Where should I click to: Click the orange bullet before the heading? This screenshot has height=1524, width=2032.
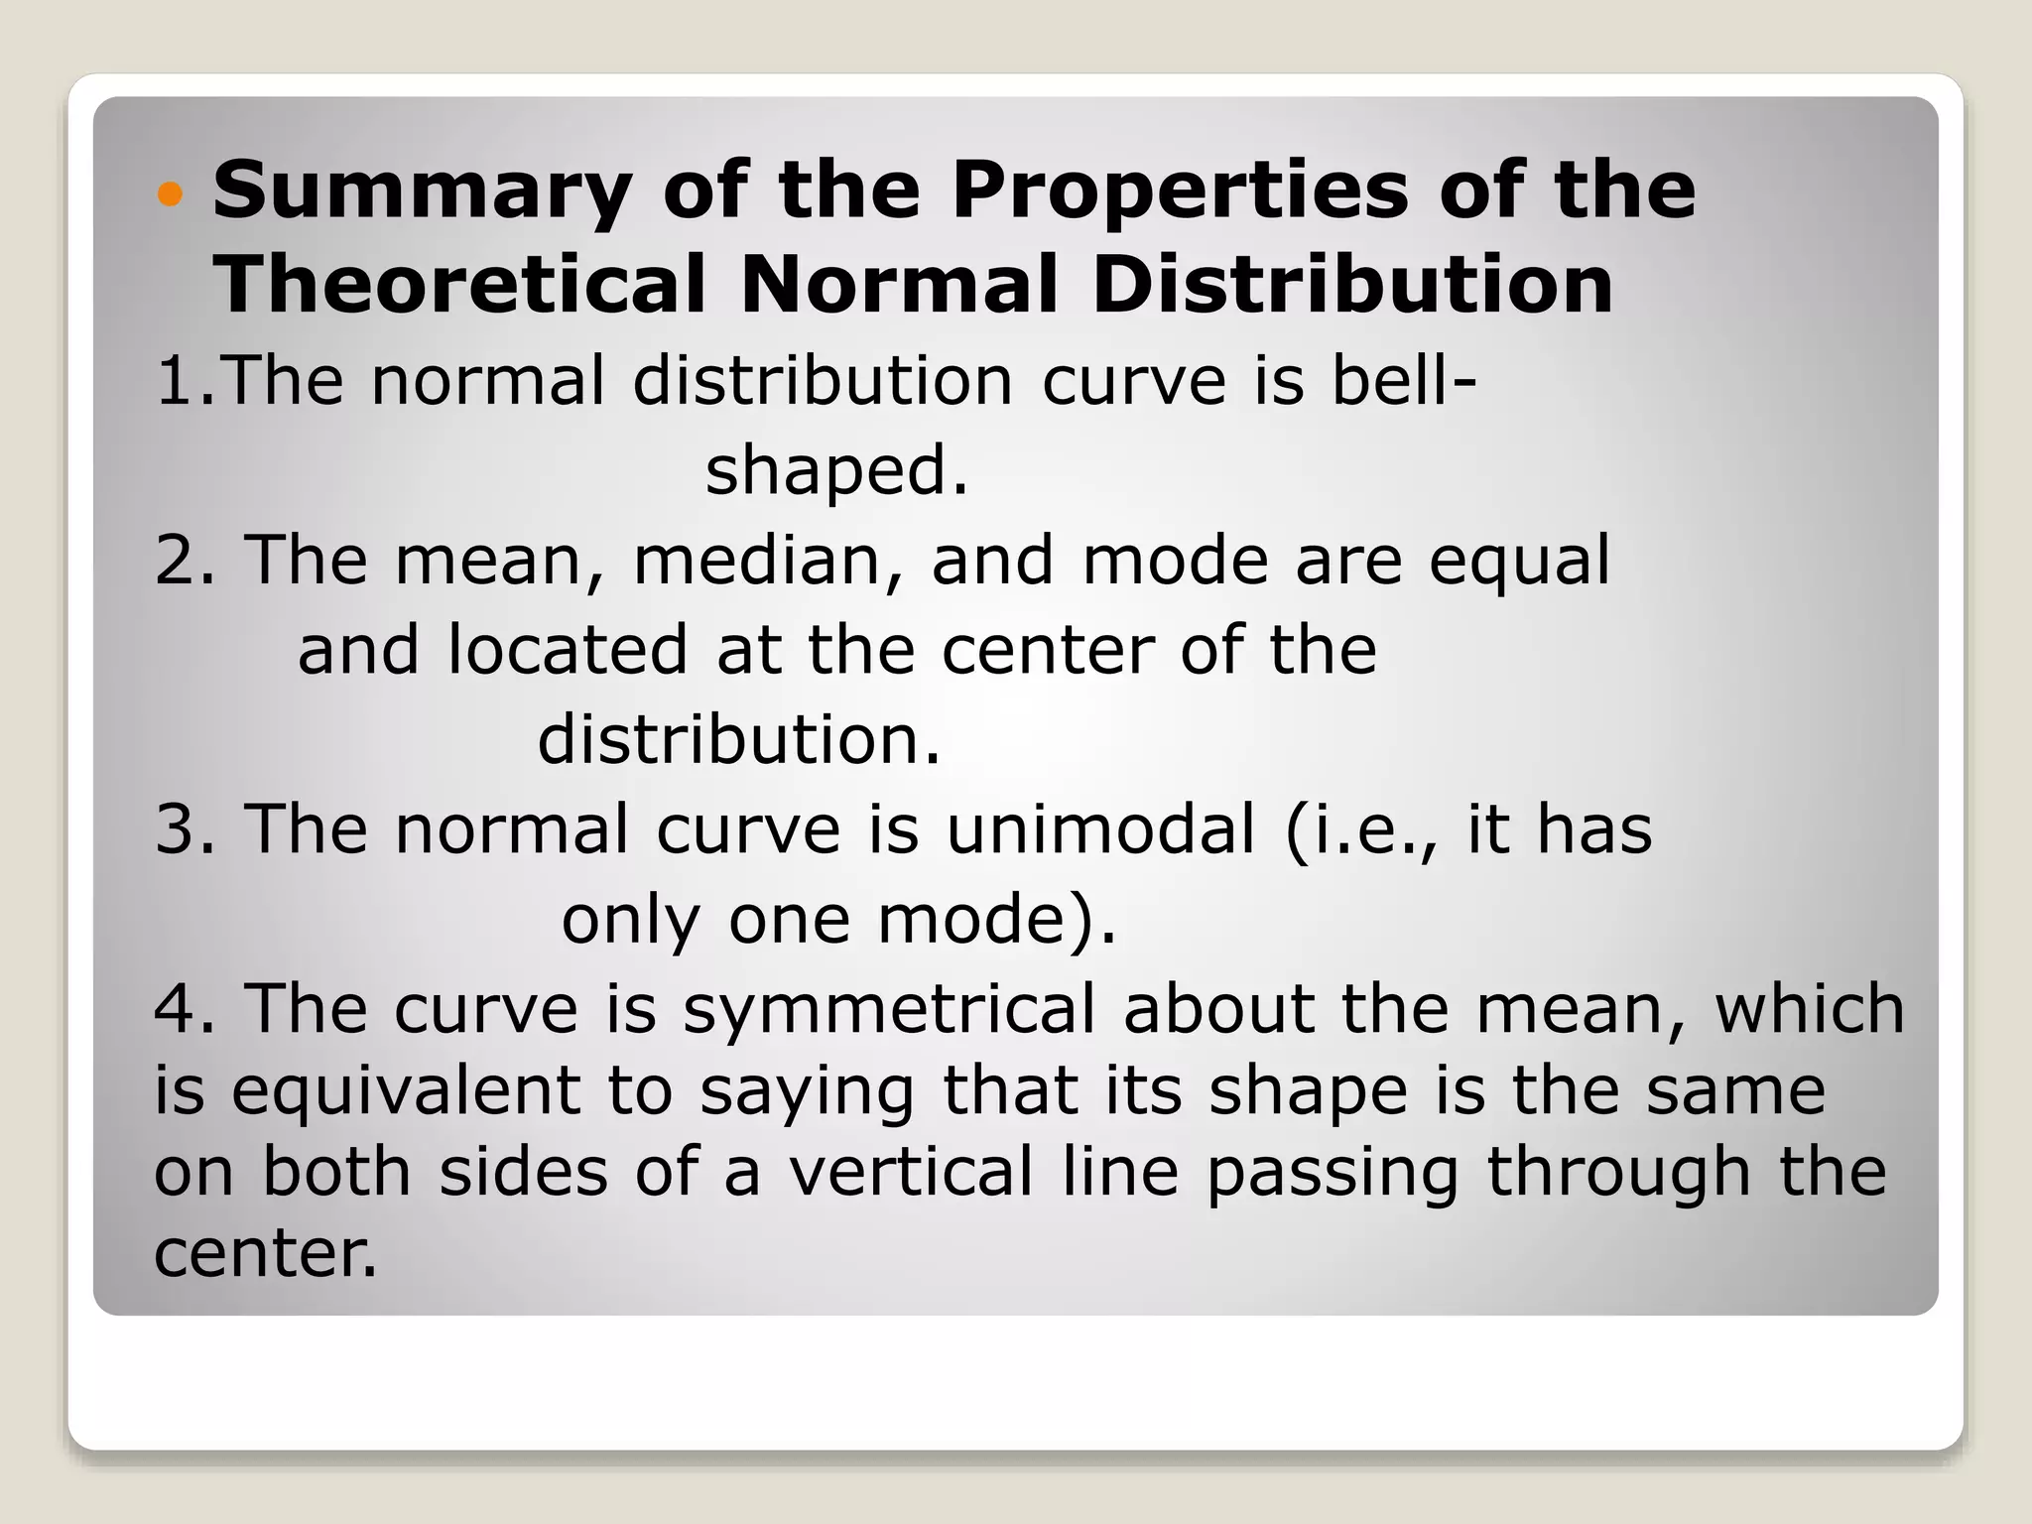[x=171, y=194]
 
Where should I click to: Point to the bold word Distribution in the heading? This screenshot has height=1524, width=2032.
[x=1353, y=284]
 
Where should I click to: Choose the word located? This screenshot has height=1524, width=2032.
[x=568, y=650]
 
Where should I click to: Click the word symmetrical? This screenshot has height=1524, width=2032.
[x=889, y=1010]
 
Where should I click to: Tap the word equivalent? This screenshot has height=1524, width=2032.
[x=406, y=1091]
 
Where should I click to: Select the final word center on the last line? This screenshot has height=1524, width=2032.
[x=265, y=1253]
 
